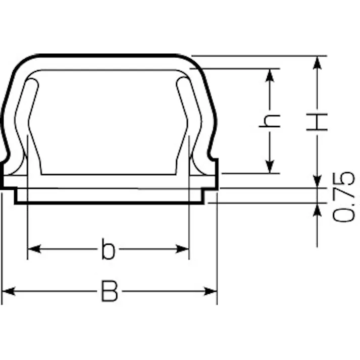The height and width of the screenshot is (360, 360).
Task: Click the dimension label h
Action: [270, 121]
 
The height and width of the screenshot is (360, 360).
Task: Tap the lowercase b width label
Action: [108, 249]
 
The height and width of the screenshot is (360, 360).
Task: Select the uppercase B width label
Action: [110, 291]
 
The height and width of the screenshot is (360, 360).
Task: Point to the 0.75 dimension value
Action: [343, 197]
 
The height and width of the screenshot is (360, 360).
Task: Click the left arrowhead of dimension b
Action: [34, 249]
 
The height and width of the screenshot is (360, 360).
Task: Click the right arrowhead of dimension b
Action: [182, 249]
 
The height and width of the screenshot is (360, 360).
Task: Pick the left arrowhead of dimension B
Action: [9, 291]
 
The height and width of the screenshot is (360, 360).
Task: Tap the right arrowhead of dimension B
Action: [211, 291]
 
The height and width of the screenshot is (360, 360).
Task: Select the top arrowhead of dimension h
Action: [270, 75]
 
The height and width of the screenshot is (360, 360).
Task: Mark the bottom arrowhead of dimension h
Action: [270, 167]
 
